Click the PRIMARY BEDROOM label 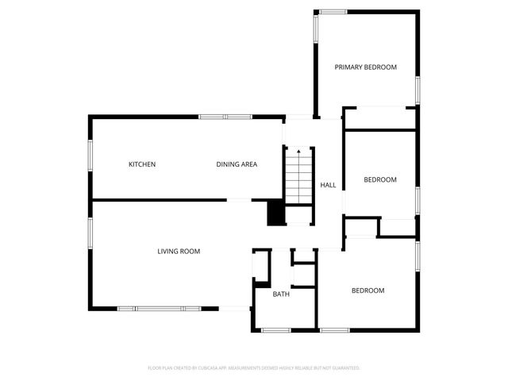point(365,67)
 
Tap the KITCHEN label point(142,164)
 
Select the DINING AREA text point(237,164)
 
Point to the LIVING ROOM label point(178,252)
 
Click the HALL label point(328,185)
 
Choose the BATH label point(281,294)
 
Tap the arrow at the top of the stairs point(298,152)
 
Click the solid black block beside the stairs point(275,213)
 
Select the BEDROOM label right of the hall point(379,179)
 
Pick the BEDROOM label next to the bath point(368,291)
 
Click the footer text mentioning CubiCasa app point(254,368)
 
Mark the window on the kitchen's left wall point(90,155)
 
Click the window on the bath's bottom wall point(278,329)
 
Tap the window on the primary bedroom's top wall point(333,11)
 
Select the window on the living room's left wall point(90,235)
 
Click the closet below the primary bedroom point(379,118)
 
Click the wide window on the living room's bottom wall point(160,308)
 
